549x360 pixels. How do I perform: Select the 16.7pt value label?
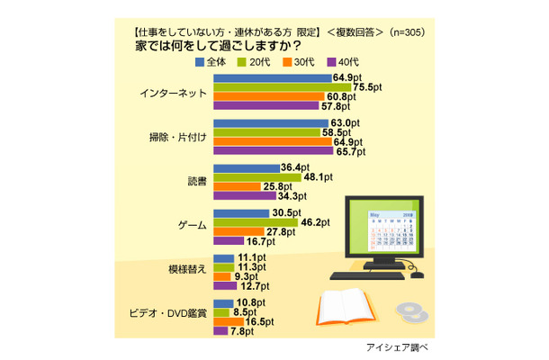click(x=260, y=241)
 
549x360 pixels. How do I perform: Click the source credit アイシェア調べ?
click(x=394, y=347)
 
